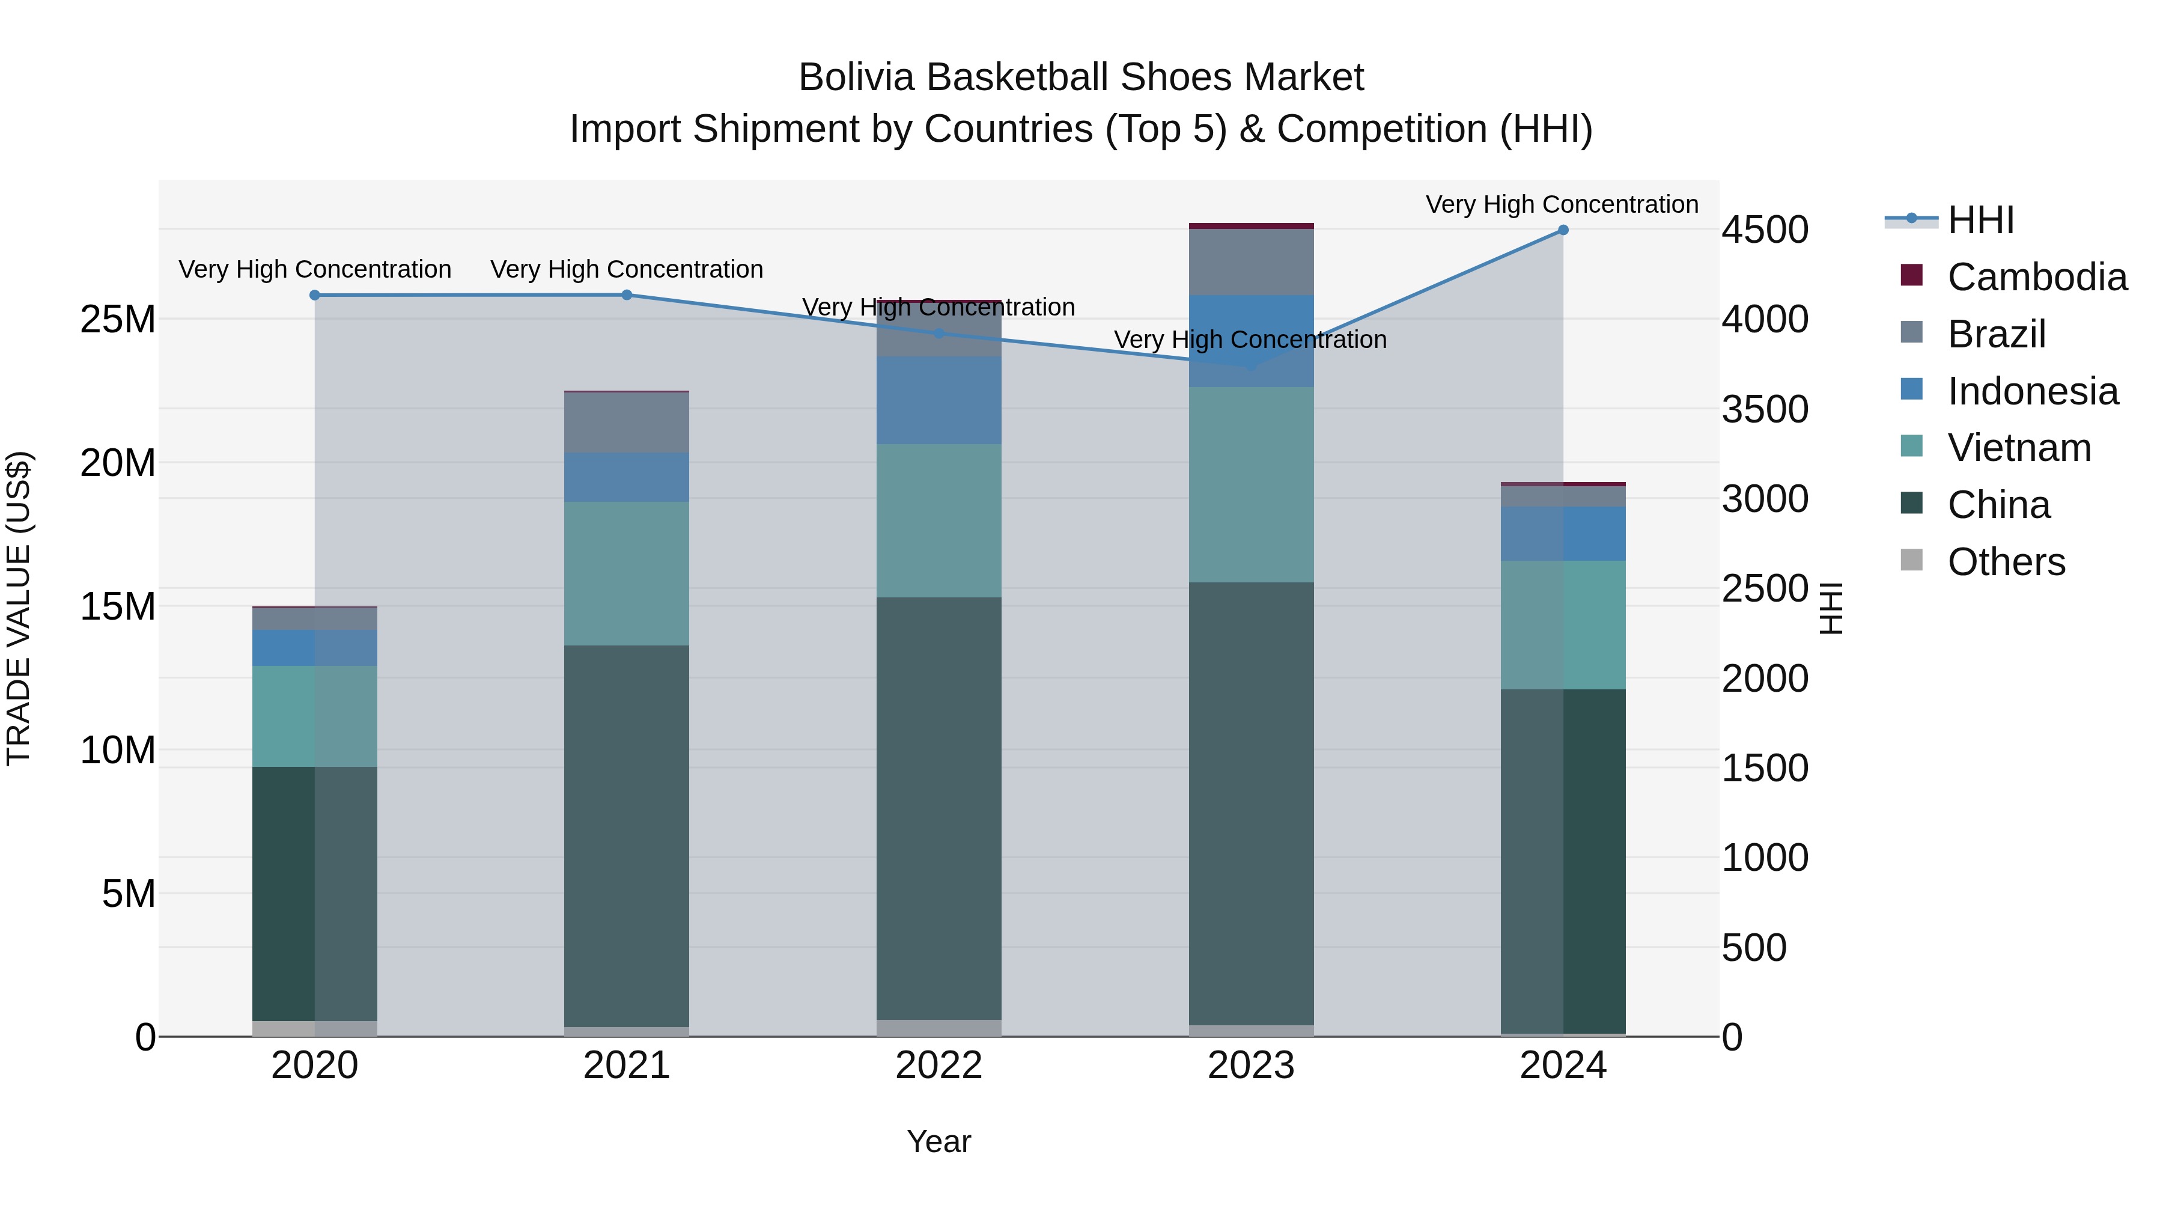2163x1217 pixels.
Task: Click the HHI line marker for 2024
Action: [1563, 230]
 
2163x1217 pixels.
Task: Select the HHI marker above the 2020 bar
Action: [315, 295]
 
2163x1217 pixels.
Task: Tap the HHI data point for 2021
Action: [627, 295]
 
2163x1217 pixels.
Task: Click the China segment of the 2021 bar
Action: [627, 836]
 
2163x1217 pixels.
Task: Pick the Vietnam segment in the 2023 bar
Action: [1251, 484]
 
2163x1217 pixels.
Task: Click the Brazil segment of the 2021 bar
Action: [627, 422]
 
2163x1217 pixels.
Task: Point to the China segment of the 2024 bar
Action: [1563, 861]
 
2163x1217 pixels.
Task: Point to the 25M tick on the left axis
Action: [118, 319]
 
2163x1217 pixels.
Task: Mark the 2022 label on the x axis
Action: [939, 1066]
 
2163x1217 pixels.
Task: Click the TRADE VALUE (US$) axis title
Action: [19, 608]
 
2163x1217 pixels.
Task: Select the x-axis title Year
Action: [939, 1141]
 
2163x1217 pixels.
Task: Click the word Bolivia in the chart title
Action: [856, 78]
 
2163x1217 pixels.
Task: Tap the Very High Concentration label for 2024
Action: [1562, 204]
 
